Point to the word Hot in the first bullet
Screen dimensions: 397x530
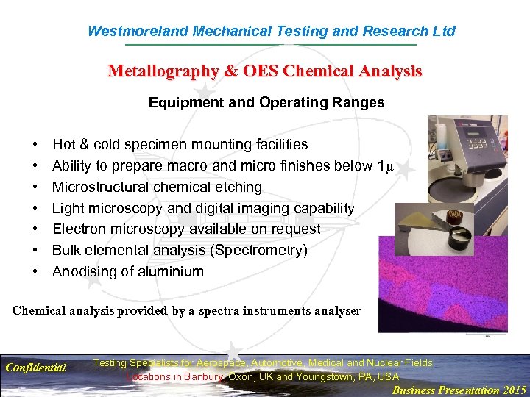[64, 144]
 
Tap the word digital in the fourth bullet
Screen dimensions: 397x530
[230, 208]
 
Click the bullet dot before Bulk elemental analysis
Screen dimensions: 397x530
[35, 250]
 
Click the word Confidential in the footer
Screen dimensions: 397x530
[35, 367]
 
